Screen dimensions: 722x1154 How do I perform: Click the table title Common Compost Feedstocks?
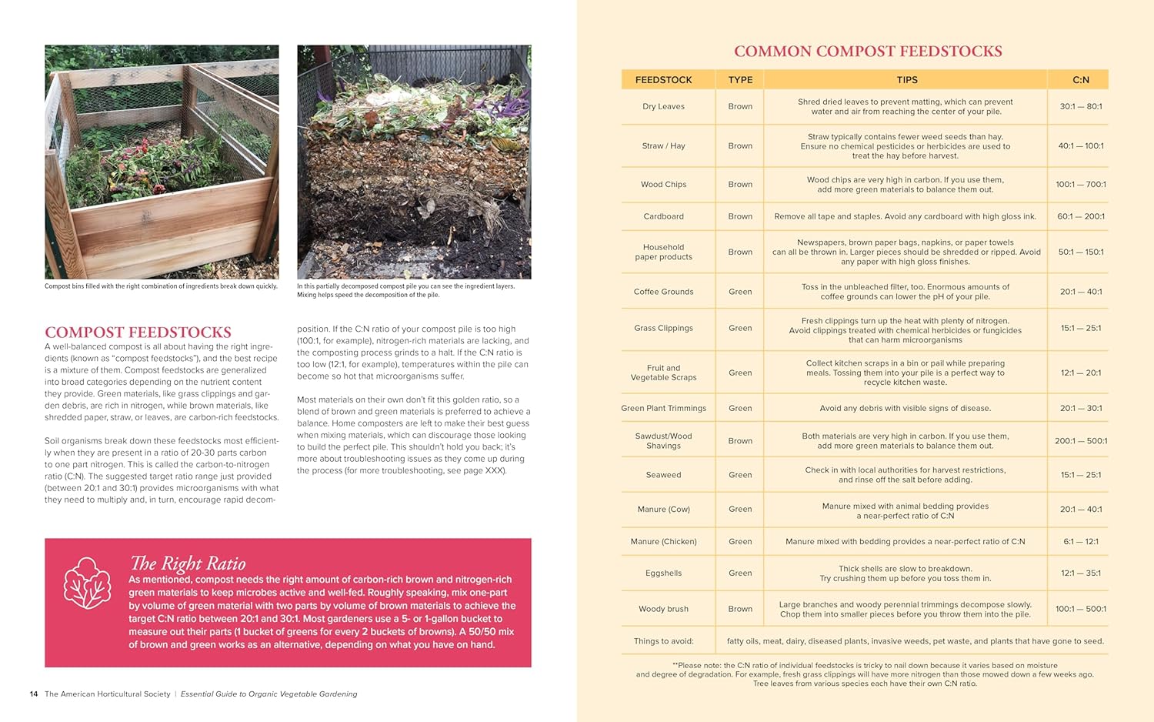pos(867,52)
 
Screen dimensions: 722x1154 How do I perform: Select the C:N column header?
pos(1080,80)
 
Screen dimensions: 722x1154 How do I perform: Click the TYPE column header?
pos(740,80)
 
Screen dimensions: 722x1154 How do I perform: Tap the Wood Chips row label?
pos(663,185)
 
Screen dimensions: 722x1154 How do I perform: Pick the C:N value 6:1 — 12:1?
pos(1080,542)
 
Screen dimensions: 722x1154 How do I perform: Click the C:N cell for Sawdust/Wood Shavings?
pos(1080,441)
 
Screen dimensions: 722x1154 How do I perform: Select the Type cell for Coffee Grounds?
pos(740,292)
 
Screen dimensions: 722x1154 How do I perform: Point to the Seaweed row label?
pos(663,475)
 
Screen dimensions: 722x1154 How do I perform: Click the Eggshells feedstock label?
pos(663,573)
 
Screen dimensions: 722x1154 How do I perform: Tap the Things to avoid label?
pos(663,641)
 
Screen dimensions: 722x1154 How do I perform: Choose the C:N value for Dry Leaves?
pos(1080,107)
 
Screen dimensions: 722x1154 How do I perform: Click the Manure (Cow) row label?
pos(663,510)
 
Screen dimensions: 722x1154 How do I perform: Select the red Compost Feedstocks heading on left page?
pos(138,333)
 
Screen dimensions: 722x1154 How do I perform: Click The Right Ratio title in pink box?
pos(188,563)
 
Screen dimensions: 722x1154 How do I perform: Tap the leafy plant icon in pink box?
pos(87,583)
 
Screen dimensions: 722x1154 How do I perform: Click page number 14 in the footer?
pos(34,694)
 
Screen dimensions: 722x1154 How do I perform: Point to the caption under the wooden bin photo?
pos(161,286)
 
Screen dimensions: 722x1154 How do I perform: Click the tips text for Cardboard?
pos(905,217)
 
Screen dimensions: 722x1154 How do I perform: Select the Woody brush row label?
pos(663,609)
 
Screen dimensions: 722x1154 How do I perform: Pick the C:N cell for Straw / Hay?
pos(1080,146)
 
